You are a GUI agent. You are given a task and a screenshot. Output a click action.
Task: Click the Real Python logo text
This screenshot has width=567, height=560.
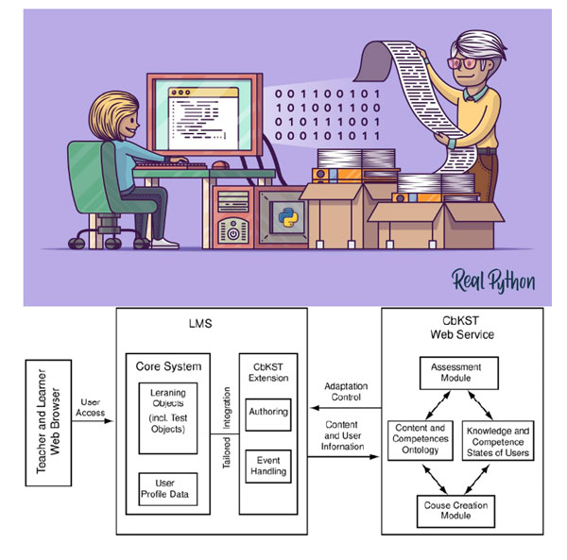(x=494, y=280)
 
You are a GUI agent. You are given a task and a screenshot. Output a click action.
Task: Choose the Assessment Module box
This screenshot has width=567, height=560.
(x=457, y=373)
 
